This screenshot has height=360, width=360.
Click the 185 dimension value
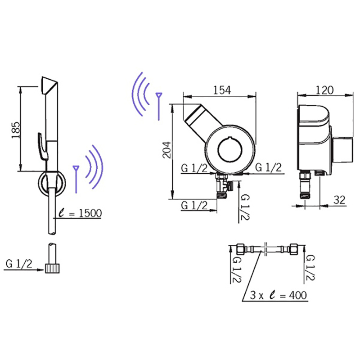coord(16,130)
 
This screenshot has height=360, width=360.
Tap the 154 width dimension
coord(222,90)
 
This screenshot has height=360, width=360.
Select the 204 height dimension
coord(167,150)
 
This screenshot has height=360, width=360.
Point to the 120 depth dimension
coord(324,90)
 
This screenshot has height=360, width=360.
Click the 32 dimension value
coord(339,200)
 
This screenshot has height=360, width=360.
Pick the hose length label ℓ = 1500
coord(80,213)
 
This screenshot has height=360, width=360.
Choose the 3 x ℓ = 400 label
coord(278,295)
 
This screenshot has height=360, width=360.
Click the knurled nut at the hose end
coord(53,268)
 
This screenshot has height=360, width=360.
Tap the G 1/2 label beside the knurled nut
coord(19,264)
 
